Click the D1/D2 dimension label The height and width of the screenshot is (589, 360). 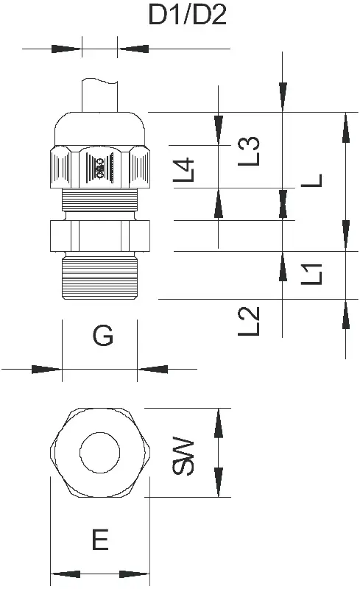(x=188, y=15)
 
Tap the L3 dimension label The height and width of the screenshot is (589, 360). (x=249, y=151)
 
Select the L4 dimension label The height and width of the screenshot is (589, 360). (x=184, y=170)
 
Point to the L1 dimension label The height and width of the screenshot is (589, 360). (x=311, y=274)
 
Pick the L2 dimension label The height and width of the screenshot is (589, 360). (x=249, y=321)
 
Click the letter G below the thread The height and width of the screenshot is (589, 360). (x=102, y=336)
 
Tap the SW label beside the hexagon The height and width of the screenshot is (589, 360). (x=183, y=456)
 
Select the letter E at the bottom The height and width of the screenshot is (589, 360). (x=100, y=540)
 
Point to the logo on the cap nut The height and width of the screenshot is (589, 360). (x=100, y=169)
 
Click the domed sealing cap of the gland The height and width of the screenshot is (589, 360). (x=100, y=128)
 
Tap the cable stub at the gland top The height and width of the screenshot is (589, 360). (x=100, y=96)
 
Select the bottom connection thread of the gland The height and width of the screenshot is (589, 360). (x=100, y=278)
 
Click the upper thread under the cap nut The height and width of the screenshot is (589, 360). (x=100, y=200)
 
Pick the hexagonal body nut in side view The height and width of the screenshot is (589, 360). (x=100, y=236)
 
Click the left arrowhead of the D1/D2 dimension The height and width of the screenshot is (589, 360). (x=66, y=49)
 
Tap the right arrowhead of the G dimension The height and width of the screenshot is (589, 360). (x=152, y=370)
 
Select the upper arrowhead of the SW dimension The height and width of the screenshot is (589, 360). (x=219, y=423)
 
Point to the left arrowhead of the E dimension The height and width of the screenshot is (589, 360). (x=66, y=574)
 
